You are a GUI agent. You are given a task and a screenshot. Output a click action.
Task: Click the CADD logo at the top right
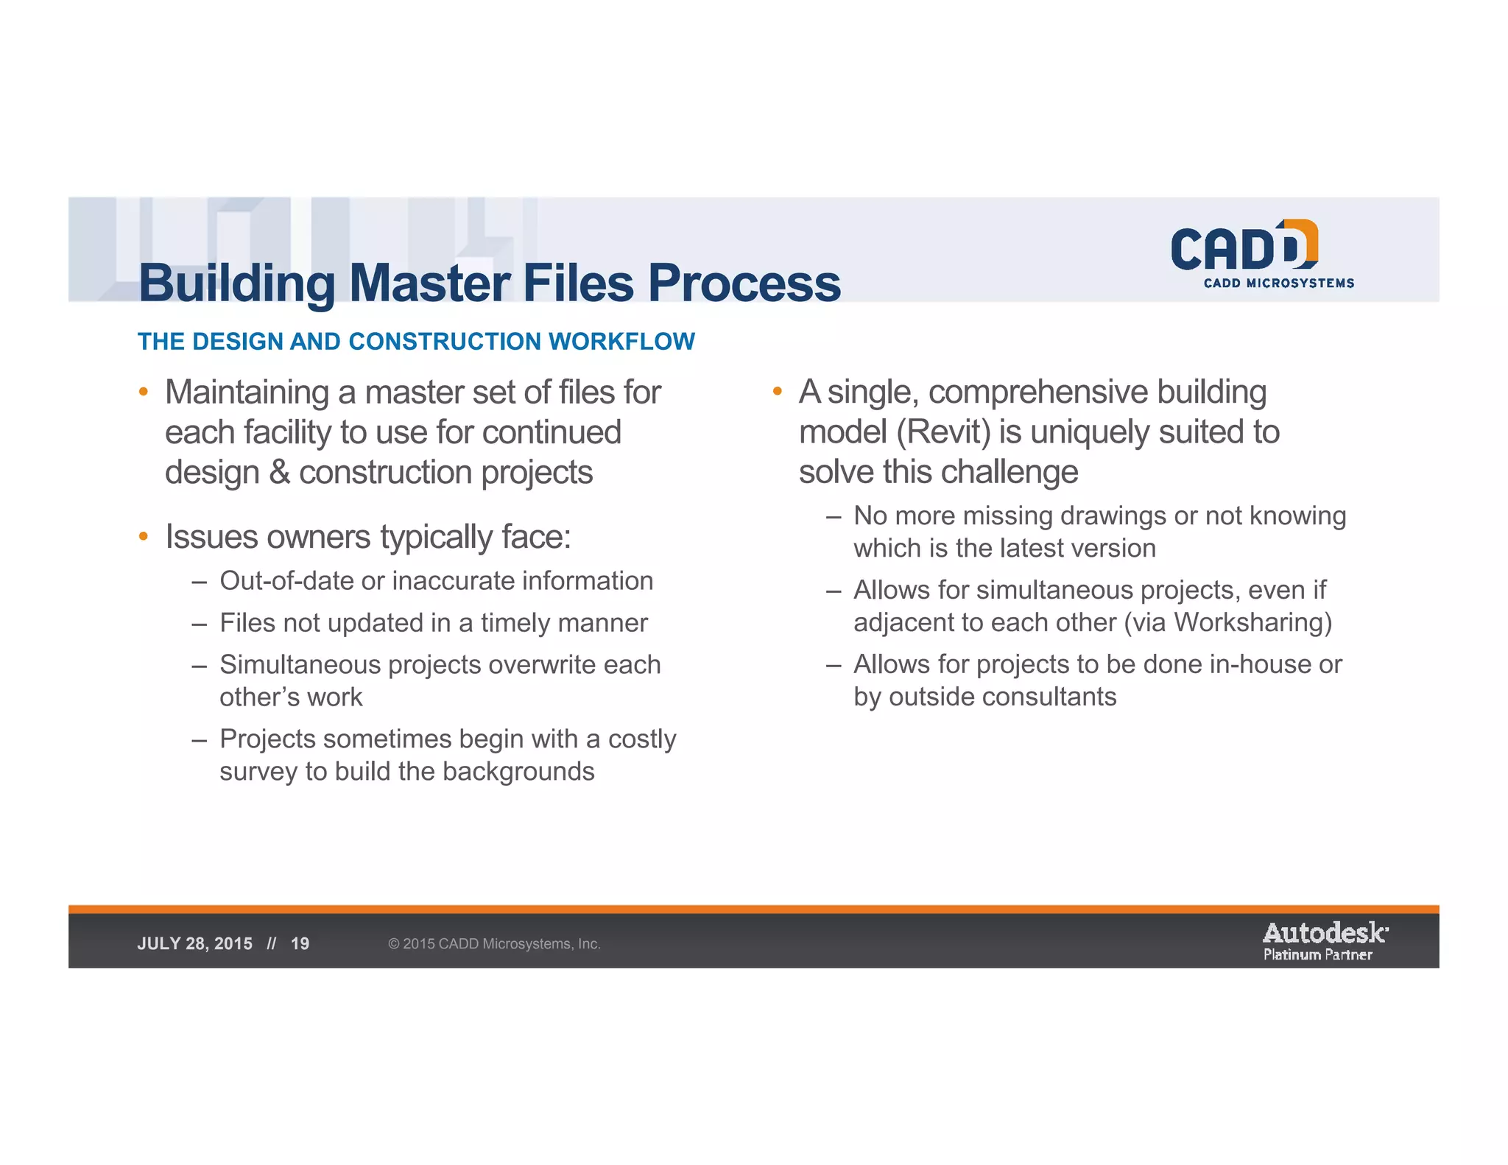click(1244, 246)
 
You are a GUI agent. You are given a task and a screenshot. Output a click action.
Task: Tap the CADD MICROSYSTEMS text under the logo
click(1278, 284)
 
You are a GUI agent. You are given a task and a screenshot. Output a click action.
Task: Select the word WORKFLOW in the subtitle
click(621, 342)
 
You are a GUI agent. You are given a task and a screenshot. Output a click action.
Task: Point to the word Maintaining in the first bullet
click(247, 393)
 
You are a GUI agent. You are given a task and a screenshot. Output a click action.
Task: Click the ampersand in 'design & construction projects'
click(279, 473)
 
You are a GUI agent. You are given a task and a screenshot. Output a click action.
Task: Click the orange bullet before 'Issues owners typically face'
click(144, 536)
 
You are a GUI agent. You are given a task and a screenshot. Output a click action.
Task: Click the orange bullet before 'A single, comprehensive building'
click(777, 391)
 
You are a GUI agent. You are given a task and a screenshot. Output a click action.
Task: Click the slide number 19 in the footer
click(300, 944)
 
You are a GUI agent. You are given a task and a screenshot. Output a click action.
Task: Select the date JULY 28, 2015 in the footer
click(194, 944)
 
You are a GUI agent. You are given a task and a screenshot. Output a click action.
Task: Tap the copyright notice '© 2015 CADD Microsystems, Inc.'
click(494, 944)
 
